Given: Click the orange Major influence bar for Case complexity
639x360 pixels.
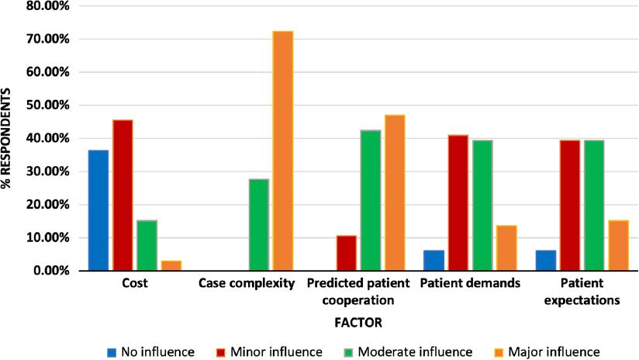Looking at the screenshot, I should pos(283,151).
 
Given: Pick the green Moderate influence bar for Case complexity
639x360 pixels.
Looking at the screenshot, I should pos(259,225).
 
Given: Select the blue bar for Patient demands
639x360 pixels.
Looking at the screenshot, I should pos(434,260).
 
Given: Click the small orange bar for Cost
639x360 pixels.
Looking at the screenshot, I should pos(171,265).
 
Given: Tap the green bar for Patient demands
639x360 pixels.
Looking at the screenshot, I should pos(482,206).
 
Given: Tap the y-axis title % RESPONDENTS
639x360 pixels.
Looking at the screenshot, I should pos(9,138).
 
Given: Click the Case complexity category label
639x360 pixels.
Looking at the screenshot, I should pos(247,284).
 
